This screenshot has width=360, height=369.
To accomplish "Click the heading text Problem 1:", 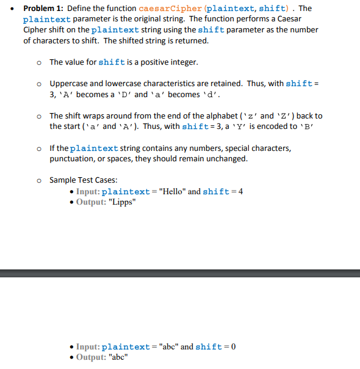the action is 43,9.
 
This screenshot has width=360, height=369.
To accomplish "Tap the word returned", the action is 191,40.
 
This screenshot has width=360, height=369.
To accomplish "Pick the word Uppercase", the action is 69,83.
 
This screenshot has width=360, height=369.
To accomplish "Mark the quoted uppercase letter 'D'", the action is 121,94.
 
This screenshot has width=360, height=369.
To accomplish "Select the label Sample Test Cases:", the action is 84,180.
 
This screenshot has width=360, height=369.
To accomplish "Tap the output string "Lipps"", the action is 121,202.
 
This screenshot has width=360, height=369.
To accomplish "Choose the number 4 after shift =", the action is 240,191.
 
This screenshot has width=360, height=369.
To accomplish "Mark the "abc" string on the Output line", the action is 118,357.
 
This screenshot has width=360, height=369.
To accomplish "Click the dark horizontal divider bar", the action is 180,272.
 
